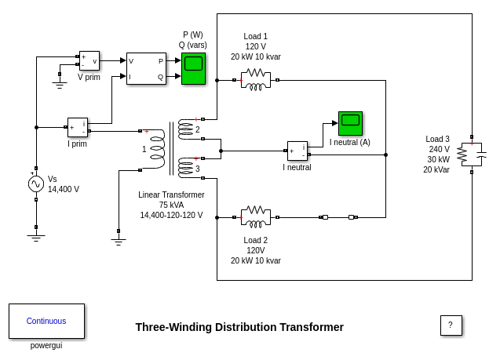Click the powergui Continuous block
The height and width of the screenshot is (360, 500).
tap(46, 321)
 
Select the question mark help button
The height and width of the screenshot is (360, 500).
tap(451, 325)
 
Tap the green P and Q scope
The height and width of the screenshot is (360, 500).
tap(193, 68)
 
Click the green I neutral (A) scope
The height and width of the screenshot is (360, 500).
tap(350, 123)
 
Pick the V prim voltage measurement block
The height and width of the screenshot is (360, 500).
tap(89, 61)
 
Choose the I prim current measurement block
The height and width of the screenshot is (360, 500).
tap(78, 127)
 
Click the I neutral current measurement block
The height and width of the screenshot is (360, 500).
tap(297, 151)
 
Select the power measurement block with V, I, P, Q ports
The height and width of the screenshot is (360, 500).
tap(146, 68)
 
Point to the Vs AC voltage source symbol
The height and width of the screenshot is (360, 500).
tap(36, 184)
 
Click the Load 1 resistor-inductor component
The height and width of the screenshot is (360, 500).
tap(256, 79)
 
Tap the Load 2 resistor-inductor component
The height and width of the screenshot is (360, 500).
tap(256, 216)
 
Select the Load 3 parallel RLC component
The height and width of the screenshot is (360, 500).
tap(471, 155)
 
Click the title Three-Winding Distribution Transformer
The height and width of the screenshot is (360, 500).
tap(239, 327)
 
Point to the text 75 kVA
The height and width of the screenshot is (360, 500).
tap(171, 205)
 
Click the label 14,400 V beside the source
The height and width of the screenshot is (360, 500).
tap(64, 189)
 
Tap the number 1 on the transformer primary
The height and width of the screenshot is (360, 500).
tap(144, 149)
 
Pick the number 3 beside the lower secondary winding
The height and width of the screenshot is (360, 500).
tap(198, 169)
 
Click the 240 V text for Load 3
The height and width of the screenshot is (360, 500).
tap(439, 149)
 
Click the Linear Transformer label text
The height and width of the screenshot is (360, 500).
tap(171, 195)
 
